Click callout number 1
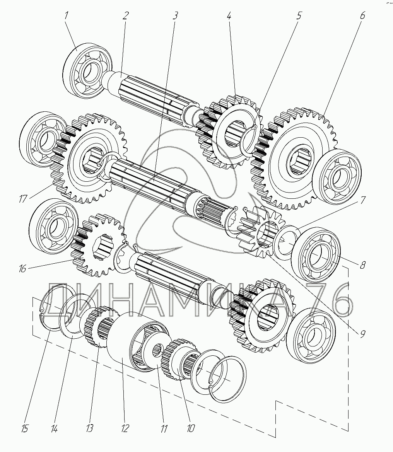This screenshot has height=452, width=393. (x=66, y=15)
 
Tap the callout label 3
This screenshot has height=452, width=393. (x=175, y=15)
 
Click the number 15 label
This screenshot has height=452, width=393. (x=25, y=429)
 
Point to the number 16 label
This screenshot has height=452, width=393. (x=22, y=269)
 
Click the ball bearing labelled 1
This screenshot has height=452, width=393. (x=87, y=71)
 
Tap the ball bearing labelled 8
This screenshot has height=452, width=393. (x=316, y=255)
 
